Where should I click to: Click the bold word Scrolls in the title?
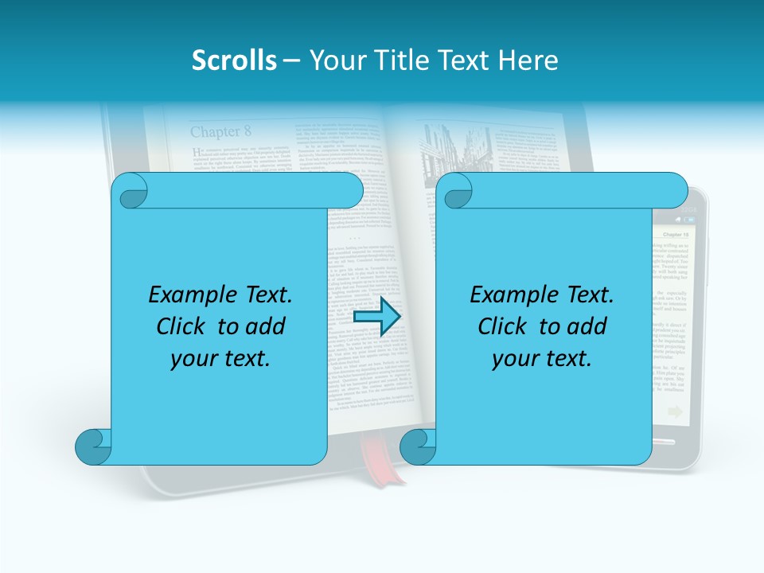click(234, 60)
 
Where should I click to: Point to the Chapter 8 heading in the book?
click(220, 131)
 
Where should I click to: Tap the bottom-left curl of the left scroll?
click(93, 446)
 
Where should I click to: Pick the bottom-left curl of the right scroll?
click(418, 446)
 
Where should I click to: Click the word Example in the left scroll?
click(189, 295)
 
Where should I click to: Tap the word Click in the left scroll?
click(183, 326)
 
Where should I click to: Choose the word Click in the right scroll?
click(505, 326)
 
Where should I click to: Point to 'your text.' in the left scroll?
click(220, 358)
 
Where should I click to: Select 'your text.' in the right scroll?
click(542, 358)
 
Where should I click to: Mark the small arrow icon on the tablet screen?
click(675, 411)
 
